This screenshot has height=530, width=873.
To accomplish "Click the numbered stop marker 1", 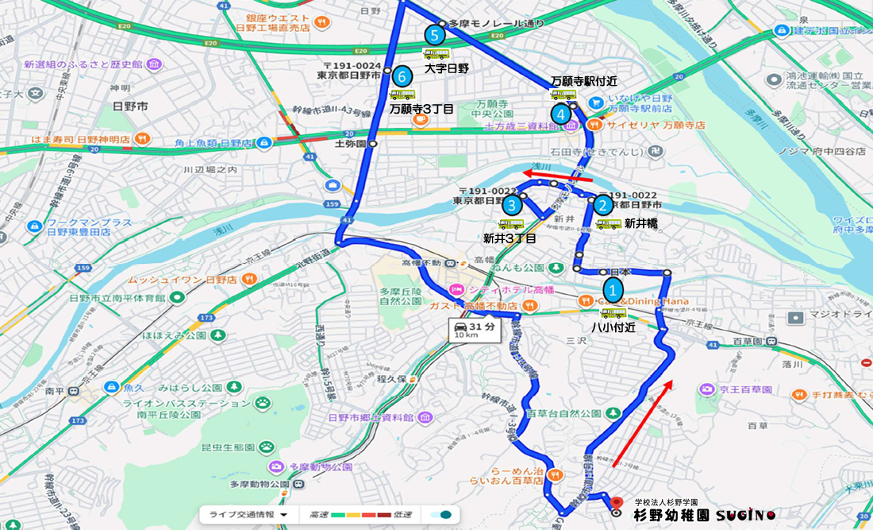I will click(613, 290).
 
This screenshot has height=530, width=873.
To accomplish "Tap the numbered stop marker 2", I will click(602, 205).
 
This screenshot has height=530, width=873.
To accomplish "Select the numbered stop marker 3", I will click(512, 206).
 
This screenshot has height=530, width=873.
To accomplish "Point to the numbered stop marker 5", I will click(433, 35).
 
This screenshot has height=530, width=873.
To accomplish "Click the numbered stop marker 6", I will click(402, 76).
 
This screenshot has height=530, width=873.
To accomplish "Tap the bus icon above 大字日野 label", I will click(436, 54).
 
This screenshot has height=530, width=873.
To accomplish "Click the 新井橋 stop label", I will click(640, 224).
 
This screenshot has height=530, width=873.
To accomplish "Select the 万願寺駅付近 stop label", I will click(583, 82).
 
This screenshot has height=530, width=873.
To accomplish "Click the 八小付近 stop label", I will click(613, 327).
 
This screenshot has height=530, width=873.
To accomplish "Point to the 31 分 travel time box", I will click(475, 331).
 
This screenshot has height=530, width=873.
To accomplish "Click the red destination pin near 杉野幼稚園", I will click(616, 504).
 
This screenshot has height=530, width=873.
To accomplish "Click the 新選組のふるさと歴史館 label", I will click(83, 64).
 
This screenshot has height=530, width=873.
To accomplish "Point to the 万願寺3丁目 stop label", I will click(421, 109).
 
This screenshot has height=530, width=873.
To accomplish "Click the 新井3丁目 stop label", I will click(510, 238).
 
